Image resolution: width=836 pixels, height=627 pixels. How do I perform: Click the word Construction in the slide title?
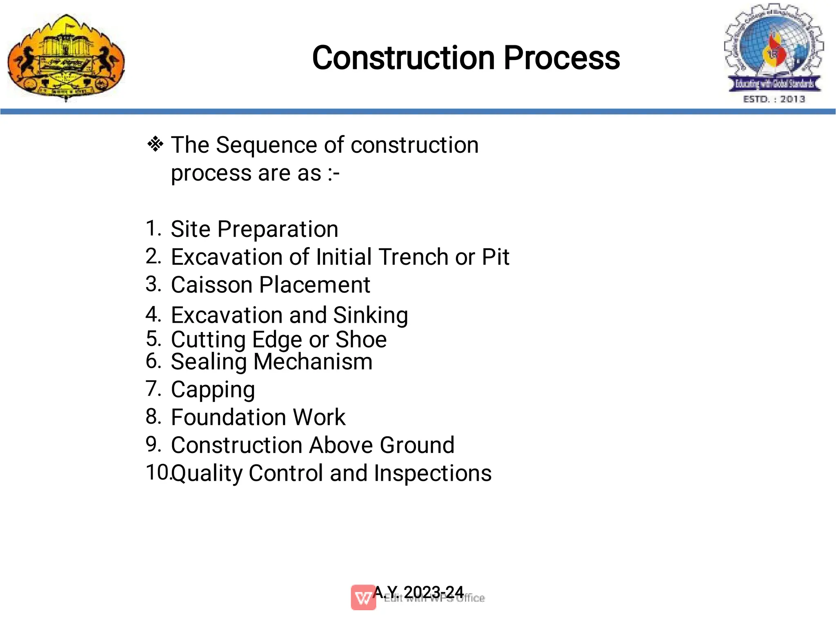[x=404, y=58]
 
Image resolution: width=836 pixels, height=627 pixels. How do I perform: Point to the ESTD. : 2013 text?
[x=774, y=99]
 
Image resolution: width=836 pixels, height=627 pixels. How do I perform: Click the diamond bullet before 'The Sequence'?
[x=155, y=144]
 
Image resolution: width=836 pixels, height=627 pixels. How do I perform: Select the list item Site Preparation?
[x=254, y=229]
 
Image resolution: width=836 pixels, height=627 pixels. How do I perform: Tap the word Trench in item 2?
[x=414, y=257]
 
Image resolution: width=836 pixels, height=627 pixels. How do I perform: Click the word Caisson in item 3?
[x=211, y=285]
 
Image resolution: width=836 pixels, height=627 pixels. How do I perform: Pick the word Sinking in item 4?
[x=370, y=315]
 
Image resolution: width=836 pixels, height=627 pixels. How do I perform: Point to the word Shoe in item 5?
[x=361, y=339]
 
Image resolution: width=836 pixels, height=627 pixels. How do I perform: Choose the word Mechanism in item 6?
[x=313, y=362]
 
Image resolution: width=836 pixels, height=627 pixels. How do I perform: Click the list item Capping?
[x=213, y=390]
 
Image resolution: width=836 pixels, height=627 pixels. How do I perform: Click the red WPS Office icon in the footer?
[x=363, y=598]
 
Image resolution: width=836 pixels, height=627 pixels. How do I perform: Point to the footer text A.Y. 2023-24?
[x=418, y=592]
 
